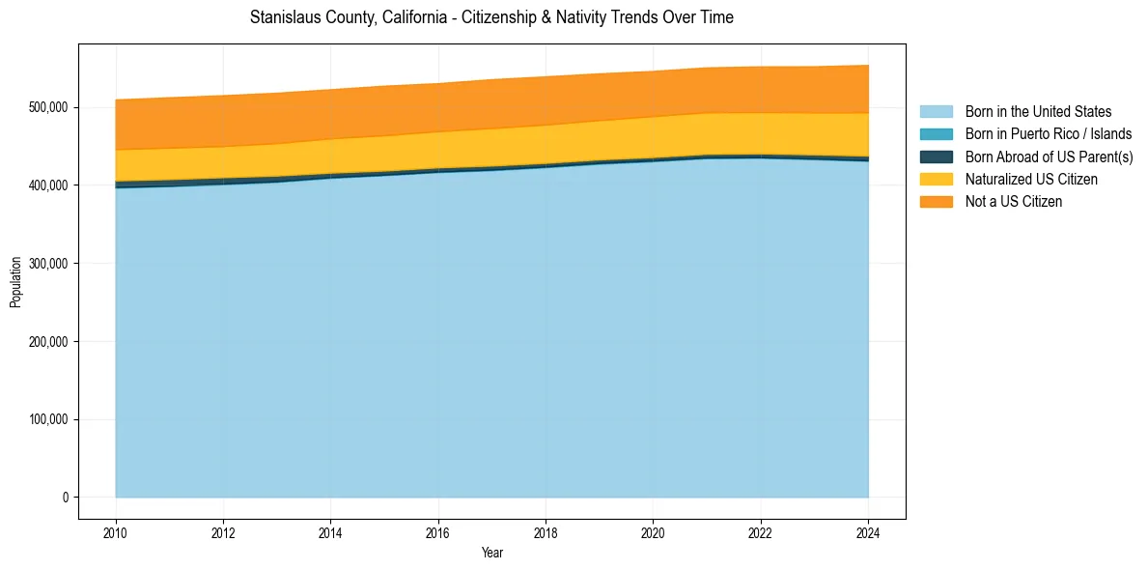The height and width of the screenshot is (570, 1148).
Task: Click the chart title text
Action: point(491,17)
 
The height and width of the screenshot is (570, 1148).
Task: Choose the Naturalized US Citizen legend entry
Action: point(1031,179)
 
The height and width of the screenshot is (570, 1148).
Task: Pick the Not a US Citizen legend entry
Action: point(1013,202)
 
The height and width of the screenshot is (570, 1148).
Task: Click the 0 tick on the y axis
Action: point(66,498)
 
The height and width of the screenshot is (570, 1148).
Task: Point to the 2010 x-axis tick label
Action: point(116,531)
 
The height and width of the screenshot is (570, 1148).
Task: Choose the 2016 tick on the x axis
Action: point(438,531)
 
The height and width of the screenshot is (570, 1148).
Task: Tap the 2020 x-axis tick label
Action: point(654,531)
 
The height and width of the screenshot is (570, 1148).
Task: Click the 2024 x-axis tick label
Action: point(868,531)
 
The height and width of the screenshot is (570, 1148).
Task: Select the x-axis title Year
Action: point(491,553)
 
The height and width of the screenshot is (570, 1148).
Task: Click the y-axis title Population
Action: point(15,282)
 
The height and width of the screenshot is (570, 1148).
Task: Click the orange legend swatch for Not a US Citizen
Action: point(936,202)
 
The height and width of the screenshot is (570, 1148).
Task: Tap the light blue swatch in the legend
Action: point(936,112)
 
